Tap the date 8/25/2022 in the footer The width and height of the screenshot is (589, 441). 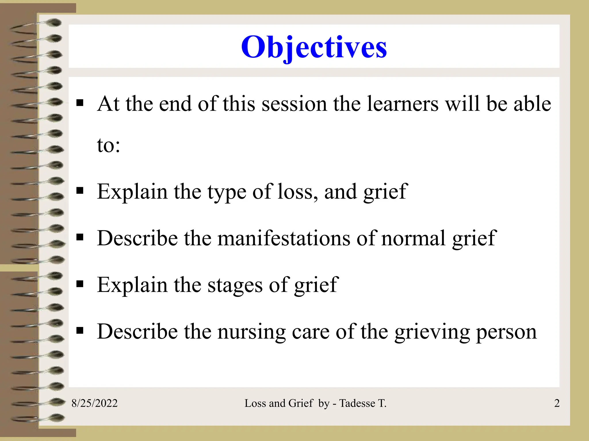tap(94, 403)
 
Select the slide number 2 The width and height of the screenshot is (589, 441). tap(557, 403)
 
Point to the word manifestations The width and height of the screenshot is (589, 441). tap(284, 238)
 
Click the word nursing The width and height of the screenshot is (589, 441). tap(251, 332)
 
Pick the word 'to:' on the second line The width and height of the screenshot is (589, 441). tap(108, 145)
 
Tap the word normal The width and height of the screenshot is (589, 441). tap(414, 238)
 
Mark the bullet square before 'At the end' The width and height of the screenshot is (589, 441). tap(80, 103)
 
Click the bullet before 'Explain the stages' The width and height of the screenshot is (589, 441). tap(80, 284)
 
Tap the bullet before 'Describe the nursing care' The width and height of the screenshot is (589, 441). tap(80, 331)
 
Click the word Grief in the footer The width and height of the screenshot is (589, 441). tap(301, 403)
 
